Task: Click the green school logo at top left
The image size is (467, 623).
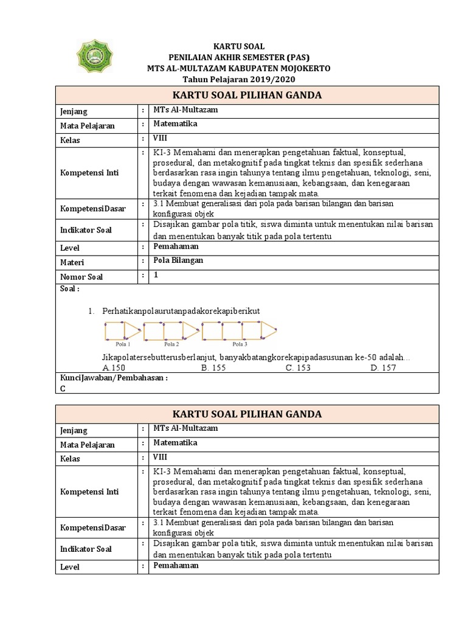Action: tap(92, 59)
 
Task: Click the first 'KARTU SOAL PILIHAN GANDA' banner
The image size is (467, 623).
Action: tap(247, 95)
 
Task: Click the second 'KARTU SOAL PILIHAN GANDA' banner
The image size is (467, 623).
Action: tap(247, 414)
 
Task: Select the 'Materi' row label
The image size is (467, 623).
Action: tap(72, 262)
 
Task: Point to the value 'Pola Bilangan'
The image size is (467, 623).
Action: tap(178, 260)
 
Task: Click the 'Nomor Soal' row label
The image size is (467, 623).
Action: tap(81, 277)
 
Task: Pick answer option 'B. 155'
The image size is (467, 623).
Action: tap(214, 368)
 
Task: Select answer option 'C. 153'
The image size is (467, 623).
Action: tap(298, 368)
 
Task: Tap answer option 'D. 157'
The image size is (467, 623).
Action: tap(383, 368)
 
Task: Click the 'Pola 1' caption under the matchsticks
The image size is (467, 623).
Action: tap(123, 344)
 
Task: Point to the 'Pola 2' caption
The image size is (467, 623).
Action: tap(171, 344)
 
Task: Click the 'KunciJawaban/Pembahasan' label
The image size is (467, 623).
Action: tap(114, 377)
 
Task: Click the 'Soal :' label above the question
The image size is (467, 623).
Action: tap(69, 289)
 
